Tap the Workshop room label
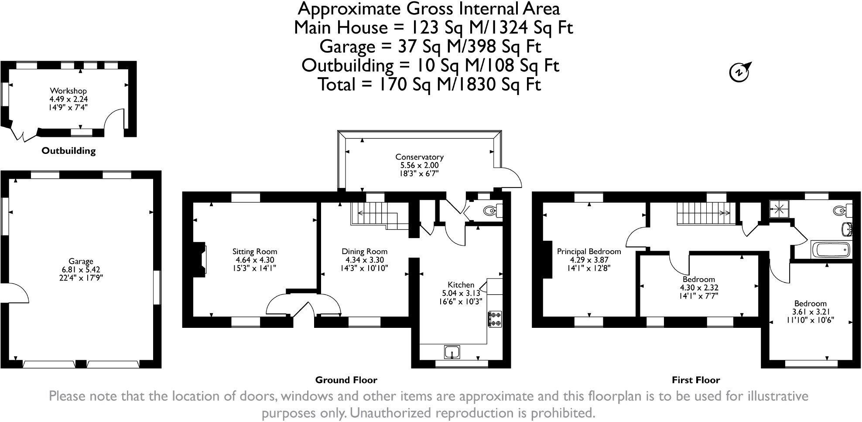click(x=68, y=91)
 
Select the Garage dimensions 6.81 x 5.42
click(x=81, y=270)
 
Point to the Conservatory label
click(x=419, y=157)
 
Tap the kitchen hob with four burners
click(x=495, y=319)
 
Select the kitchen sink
click(x=452, y=351)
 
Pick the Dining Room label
click(x=364, y=252)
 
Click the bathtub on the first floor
click(x=831, y=250)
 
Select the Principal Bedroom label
click(x=588, y=252)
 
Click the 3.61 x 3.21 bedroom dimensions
click(x=810, y=312)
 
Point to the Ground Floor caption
click(x=346, y=380)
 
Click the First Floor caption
click(x=695, y=380)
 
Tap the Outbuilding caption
click(x=68, y=151)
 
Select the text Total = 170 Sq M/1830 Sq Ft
click(x=430, y=84)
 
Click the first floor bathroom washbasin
click(x=846, y=227)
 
